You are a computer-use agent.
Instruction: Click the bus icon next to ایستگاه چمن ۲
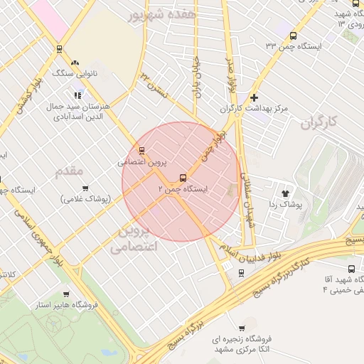coord(183,178)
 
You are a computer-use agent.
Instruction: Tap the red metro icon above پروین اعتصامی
coord(142,150)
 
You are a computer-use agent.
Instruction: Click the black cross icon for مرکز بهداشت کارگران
coord(254,97)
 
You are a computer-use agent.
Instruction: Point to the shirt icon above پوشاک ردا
coord(286,192)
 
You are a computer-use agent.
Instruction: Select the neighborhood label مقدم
coord(70,170)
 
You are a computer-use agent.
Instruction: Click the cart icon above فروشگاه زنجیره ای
coord(242,328)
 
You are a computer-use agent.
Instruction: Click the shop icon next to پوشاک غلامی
coord(85,188)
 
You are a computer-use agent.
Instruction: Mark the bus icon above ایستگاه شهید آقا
coord(352,269)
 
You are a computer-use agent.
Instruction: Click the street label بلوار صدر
coord(230,83)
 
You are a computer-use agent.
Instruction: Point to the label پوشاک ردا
coord(286,204)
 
